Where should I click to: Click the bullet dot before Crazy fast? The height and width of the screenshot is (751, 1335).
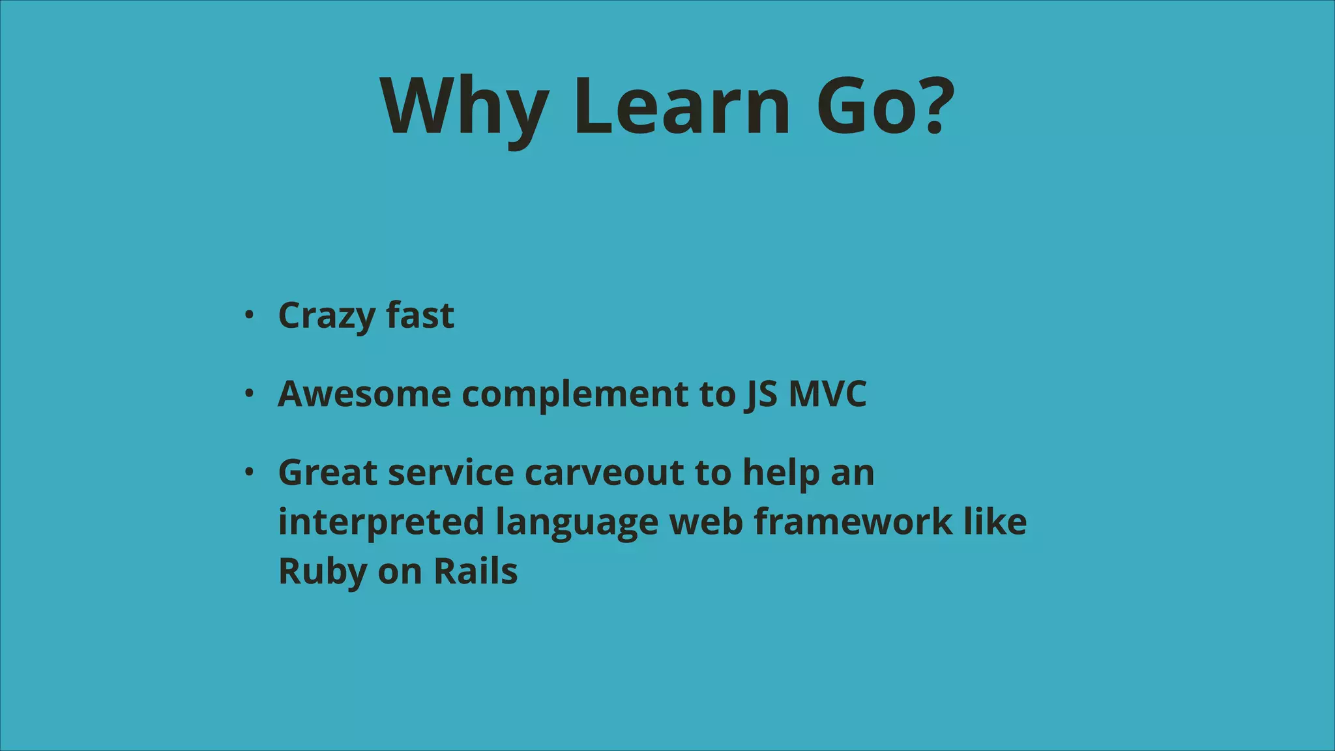pyautogui.click(x=248, y=316)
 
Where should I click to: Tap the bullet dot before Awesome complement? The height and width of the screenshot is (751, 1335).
pyautogui.click(x=248, y=394)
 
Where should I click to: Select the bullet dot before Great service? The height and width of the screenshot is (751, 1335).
pyautogui.click(x=248, y=473)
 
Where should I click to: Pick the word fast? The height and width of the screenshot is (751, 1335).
pyautogui.click(x=420, y=315)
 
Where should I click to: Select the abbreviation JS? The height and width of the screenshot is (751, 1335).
pyautogui.click(x=760, y=394)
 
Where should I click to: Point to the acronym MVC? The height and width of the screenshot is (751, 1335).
pyautogui.click(x=828, y=394)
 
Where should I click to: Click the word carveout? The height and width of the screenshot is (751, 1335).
pyautogui.click(x=604, y=473)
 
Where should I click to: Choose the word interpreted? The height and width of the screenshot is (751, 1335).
pyautogui.click(x=381, y=522)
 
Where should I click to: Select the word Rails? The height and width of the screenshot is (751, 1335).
pyautogui.click(x=475, y=571)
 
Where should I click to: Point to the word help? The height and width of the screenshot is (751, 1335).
pyautogui.click(x=781, y=473)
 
